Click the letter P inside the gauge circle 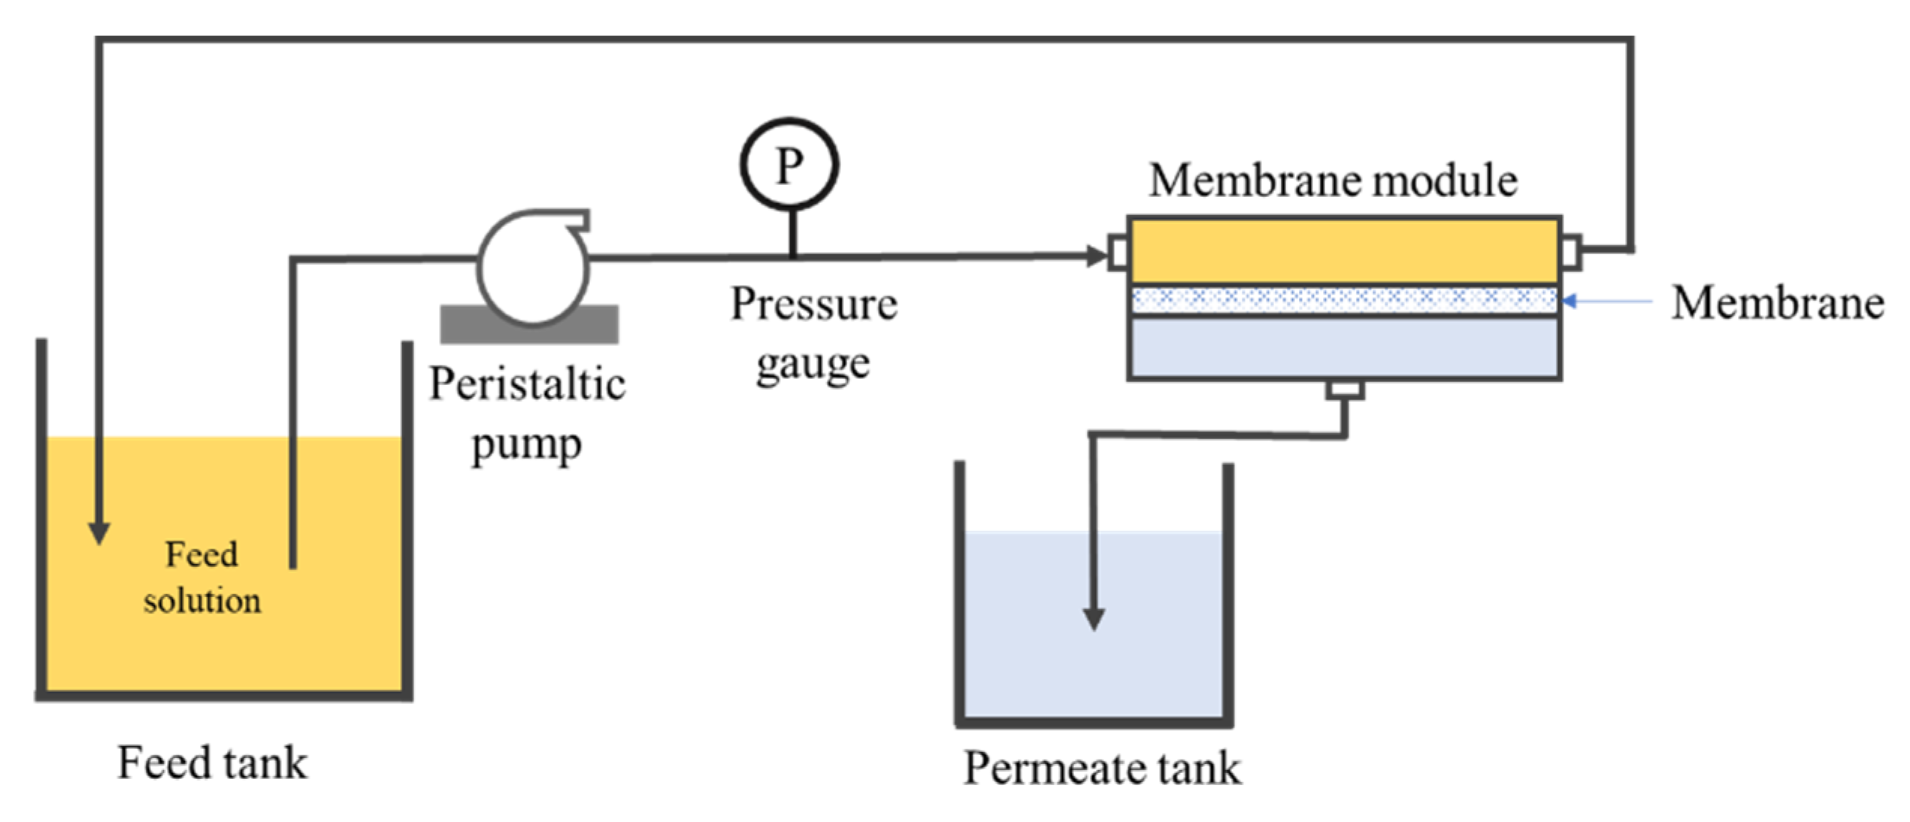tap(789, 165)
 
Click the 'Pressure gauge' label tap(814, 334)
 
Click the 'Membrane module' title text tap(1333, 181)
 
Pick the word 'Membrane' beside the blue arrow tap(1778, 303)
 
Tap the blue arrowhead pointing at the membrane tap(1569, 302)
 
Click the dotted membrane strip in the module tap(1344, 299)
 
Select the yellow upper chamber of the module tap(1344, 251)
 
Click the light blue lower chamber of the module tap(1344, 348)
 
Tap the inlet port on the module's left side tap(1118, 253)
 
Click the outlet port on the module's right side tap(1571, 251)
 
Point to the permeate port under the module tap(1345, 390)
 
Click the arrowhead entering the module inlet tap(1097, 256)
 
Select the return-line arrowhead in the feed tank tap(99, 532)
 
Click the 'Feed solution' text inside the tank tap(202, 578)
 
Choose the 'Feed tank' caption tap(212, 763)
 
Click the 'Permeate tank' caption tap(1102, 769)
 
